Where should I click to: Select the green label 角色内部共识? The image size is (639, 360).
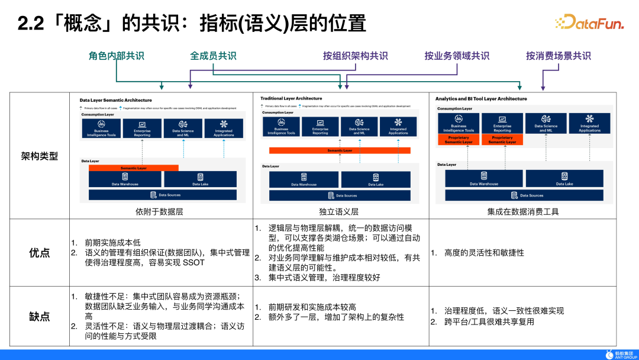coord(117,56)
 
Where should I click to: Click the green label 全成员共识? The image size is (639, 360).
coord(213,56)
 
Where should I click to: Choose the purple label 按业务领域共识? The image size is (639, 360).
coord(457,56)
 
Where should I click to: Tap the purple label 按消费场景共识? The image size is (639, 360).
coord(559,56)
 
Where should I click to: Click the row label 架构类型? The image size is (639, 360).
coord(40,156)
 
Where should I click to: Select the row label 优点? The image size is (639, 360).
coord(40,253)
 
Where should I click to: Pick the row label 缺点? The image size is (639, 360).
coord(40,316)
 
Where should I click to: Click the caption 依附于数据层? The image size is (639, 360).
coord(159,211)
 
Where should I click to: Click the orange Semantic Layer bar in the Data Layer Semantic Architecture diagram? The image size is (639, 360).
coord(134,168)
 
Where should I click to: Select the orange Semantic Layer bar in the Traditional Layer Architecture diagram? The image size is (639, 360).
coord(340,150)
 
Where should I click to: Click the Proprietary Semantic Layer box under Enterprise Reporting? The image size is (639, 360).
coord(502,140)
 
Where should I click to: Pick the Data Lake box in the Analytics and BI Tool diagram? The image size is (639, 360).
coord(564,179)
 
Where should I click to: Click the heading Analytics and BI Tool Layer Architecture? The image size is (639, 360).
coord(481,99)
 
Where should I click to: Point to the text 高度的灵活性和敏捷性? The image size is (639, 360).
coord(484,253)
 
